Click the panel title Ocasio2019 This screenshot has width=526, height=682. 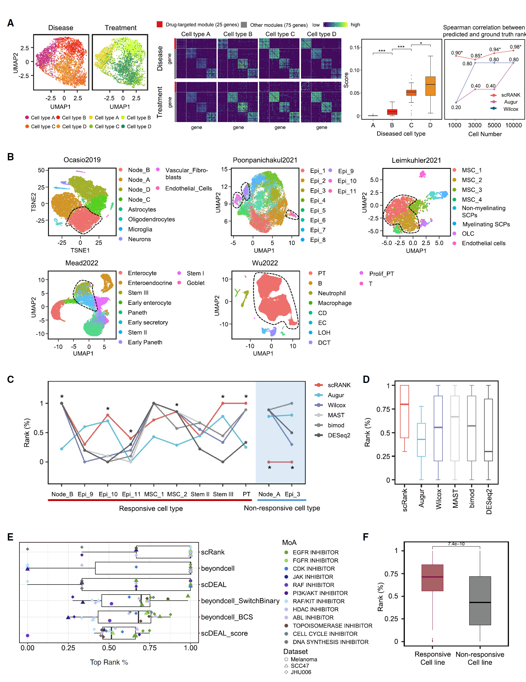click(x=82, y=160)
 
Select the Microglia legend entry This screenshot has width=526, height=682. click(x=140, y=229)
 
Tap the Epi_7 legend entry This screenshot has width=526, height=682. click(x=317, y=230)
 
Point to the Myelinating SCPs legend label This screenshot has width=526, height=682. click(x=486, y=224)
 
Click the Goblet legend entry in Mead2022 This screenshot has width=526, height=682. click(x=195, y=283)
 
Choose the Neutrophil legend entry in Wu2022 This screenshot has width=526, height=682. click(x=331, y=293)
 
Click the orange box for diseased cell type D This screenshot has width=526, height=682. click(x=430, y=86)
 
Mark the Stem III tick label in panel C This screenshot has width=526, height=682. click(x=223, y=494)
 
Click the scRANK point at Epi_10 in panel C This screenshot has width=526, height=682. click(x=108, y=415)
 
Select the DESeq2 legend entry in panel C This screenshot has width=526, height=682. click(x=339, y=435)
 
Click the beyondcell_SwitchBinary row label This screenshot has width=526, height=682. click(x=240, y=601)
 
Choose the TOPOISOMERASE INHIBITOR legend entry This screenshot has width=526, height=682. click(x=332, y=626)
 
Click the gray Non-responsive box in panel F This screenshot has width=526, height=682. click(x=480, y=601)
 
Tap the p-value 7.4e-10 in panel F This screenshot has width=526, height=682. click(x=456, y=544)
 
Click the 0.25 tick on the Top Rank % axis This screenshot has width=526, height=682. click(x=68, y=648)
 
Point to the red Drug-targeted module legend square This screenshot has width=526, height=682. click(x=160, y=24)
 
